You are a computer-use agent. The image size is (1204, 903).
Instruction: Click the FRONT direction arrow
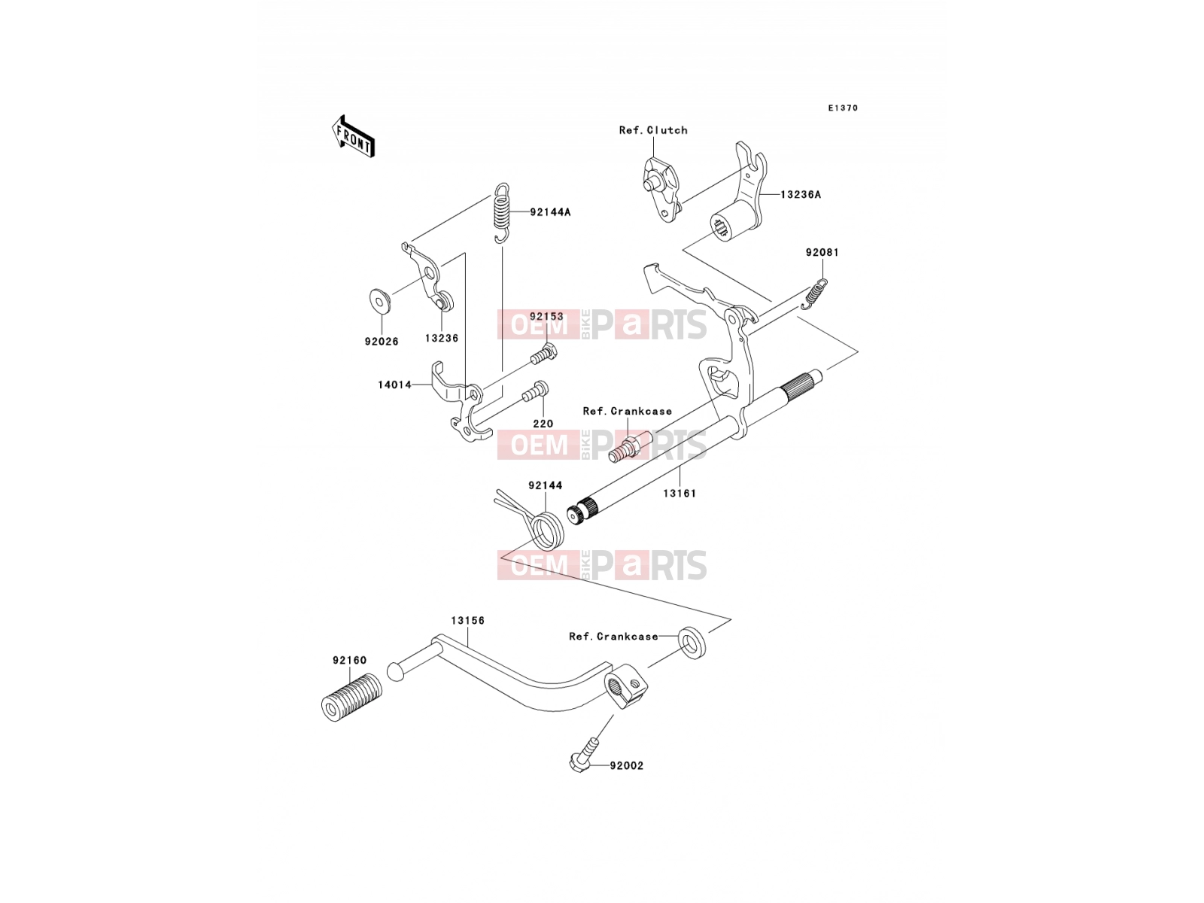[353, 136]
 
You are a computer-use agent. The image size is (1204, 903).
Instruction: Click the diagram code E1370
[843, 108]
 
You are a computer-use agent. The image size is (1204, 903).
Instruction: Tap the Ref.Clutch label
[652, 130]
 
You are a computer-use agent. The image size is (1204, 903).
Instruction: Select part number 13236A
[801, 195]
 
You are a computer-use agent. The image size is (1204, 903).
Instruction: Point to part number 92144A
[550, 212]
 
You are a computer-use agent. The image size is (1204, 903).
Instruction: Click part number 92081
[822, 253]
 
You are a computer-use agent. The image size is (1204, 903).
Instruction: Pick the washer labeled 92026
[379, 301]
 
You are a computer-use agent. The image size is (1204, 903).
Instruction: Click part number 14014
[394, 385]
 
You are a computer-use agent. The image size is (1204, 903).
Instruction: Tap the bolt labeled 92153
[544, 355]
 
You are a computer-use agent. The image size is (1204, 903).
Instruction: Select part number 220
[543, 424]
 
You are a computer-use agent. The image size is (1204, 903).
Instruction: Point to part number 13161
[679, 494]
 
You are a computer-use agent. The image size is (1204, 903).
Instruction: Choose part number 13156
[468, 621]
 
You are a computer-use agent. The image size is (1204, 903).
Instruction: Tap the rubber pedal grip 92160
[351, 698]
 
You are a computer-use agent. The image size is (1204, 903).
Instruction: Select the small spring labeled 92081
[814, 294]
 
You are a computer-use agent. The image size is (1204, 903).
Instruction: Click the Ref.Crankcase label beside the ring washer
[613, 637]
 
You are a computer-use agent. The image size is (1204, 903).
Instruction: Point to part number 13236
[442, 339]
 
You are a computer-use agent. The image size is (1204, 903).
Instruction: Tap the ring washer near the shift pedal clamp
[692, 643]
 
